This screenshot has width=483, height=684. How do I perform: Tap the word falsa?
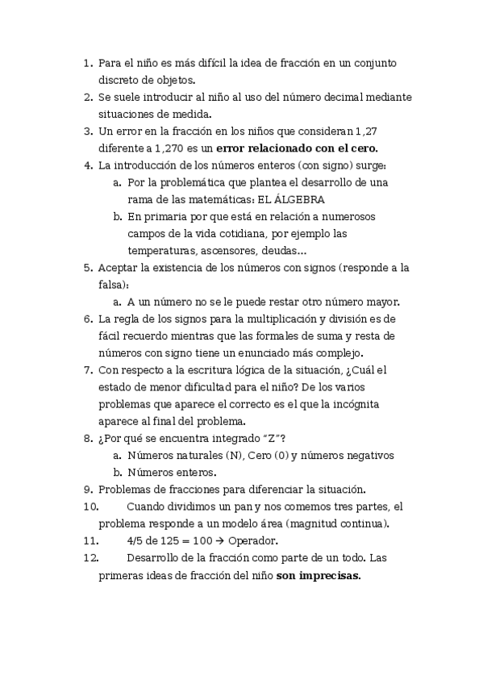click(112, 285)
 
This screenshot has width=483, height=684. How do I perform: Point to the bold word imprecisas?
click(330, 576)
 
